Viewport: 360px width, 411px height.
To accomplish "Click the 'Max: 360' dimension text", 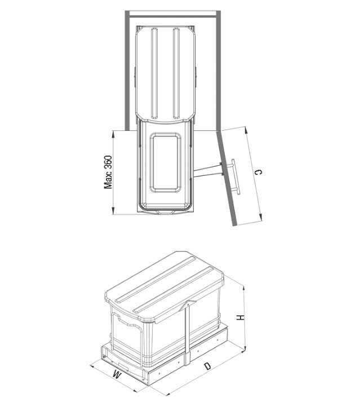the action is point(108,172).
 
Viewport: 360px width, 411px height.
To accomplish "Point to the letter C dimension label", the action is point(258,172).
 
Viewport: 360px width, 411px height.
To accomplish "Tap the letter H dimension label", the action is point(240,317).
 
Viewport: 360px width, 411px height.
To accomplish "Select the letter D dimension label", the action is point(207,366).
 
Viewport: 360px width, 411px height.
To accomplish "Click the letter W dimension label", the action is point(117,374).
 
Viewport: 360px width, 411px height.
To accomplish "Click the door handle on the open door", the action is point(236,176).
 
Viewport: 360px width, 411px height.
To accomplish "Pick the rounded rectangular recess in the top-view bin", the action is point(165,162).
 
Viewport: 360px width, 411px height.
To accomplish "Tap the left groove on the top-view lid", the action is point(154,73).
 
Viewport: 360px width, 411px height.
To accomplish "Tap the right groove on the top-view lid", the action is point(176,73).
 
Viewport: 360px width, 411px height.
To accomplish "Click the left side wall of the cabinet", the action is point(127,70).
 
